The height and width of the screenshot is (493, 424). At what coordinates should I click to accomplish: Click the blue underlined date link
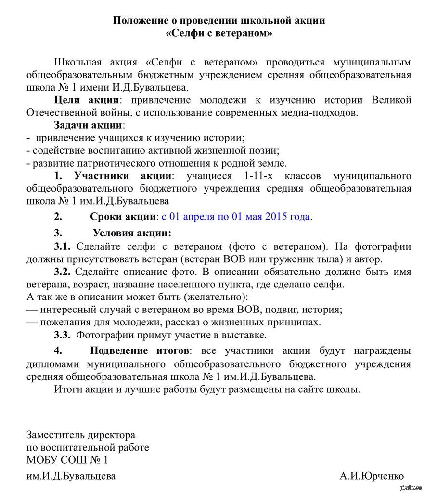[235, 217]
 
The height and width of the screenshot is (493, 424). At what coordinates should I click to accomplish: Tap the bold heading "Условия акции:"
[132, 234]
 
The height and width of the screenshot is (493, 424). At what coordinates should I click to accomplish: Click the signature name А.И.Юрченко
[372, 476]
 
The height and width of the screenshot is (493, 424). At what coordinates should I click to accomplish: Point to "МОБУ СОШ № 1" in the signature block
[67, 460]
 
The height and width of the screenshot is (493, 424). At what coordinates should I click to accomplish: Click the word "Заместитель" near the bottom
[56, 435]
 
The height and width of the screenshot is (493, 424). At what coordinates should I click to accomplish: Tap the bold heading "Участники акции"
[123, 175]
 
